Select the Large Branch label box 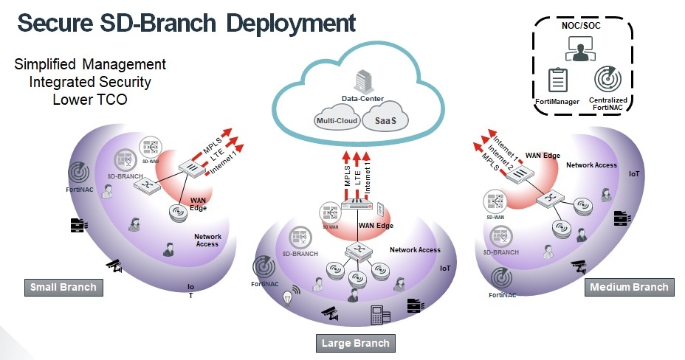355,343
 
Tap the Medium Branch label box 628,287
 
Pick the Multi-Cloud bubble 337,120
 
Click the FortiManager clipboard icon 558,80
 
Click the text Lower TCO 90,100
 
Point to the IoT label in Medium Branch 633,175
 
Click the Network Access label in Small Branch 207,240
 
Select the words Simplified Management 90,64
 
